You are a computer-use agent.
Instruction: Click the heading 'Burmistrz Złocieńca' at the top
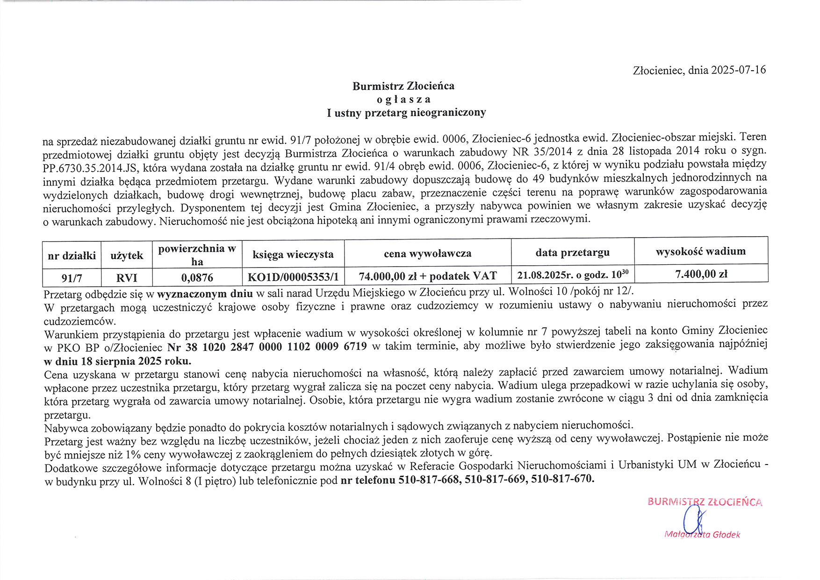tap(403, 86)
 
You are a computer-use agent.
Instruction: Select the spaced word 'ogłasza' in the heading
tap(403, 99)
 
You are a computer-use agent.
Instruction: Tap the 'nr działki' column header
tap(72, 255)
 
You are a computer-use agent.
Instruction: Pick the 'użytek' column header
tap(127, 255)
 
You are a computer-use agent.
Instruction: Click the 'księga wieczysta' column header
tap(293, 254)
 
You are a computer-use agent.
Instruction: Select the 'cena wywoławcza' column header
tap(427, 254)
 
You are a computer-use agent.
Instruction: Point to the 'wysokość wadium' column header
tap(700, 251)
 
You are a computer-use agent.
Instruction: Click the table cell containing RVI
tap(127, 278)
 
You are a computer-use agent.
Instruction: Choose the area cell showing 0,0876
tap(197, 278)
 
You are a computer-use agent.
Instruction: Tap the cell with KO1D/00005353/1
tap(293, 277)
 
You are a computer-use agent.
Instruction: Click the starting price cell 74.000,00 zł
tap(427, 276)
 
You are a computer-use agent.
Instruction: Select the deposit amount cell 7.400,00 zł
tap(701, 274)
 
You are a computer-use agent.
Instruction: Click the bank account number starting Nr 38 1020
tap(267, 347)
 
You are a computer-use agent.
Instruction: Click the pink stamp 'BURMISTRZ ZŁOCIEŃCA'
tap(705, 502)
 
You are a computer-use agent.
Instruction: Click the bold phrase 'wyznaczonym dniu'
tap(205, 294)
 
